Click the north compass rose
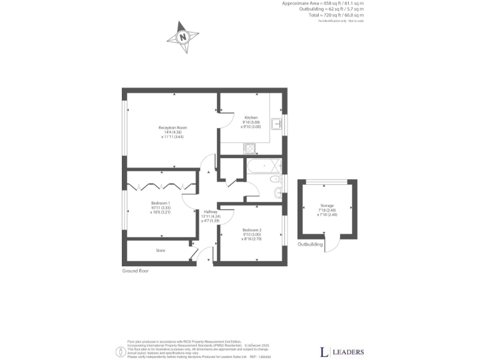pos(182,36)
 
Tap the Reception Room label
pos(172,127)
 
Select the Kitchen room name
pos(251,117)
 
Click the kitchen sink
pos(276,122)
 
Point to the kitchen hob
pos(250,149)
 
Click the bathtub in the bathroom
pos(263,166)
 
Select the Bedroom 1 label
pos(161,203)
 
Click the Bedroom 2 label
pos(251,229)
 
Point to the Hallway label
pos(210,211)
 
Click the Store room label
pos(161,251)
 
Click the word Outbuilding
pos(309,244)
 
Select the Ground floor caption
pos(136,271)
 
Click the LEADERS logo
pos(341,352)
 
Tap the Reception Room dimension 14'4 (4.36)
pos(172,132)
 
